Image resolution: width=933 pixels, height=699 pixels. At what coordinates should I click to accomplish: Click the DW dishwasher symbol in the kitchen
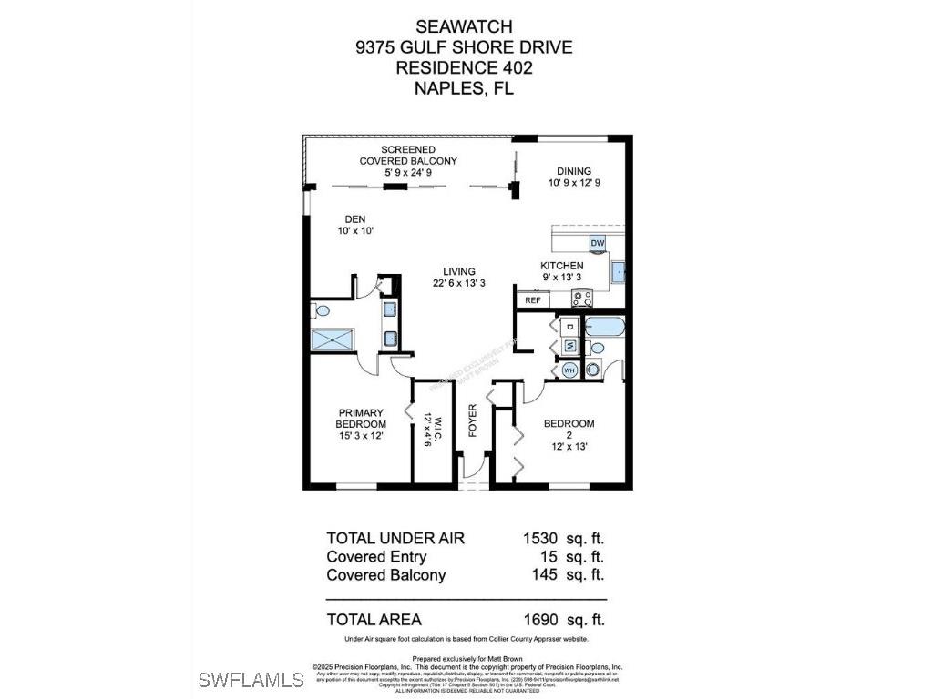[598, 243]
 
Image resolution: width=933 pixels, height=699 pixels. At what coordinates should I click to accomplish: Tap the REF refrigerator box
[533, 299]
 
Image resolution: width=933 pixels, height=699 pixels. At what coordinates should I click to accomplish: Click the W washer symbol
[569, 346]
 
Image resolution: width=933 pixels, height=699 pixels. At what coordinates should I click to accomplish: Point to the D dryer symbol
[569, 327]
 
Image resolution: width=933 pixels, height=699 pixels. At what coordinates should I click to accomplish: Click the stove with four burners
[581, 297]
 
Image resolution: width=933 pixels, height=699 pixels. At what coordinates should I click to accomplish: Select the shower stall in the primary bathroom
[331, 339]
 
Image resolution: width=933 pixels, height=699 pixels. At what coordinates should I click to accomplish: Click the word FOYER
[473, 420]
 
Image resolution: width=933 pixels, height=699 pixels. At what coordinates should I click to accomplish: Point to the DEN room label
[354, 218]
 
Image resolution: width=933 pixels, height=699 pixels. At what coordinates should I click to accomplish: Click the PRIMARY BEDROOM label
[360, 418]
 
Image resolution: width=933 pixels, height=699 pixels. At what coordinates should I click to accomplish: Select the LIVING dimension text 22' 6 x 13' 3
[459, 283]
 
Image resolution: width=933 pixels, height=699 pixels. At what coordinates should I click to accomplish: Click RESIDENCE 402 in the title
[464, 67]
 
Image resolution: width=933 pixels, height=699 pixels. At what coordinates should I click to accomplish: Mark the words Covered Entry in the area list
[376, 556]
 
